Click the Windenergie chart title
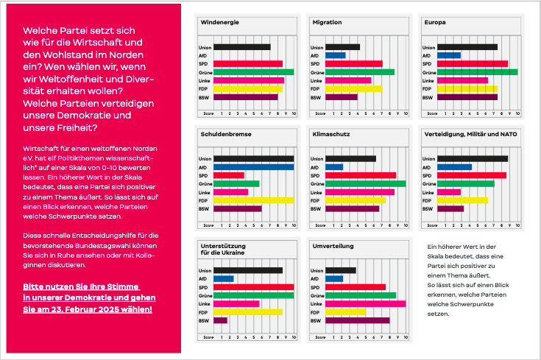coord(219,22)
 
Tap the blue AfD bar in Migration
coord(335,55)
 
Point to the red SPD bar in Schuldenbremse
coord(229,175)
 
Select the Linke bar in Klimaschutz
coord(360,192)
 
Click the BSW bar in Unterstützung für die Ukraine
coord(220,320)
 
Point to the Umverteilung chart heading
coord(333,244)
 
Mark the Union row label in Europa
coord(430,47)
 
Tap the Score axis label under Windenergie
coord(208,113)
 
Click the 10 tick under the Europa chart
coord(517,113)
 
